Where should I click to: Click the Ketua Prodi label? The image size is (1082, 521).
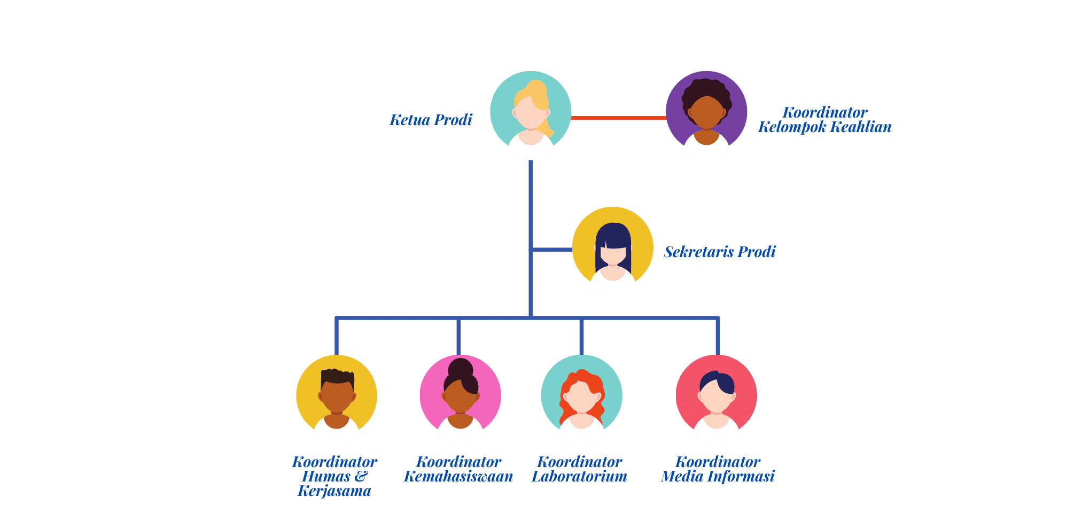431,120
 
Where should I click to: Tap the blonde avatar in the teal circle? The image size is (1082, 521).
531,115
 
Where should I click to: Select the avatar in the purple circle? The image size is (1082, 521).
706,115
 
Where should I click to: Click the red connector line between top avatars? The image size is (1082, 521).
618,118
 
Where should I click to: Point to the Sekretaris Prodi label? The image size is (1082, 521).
719,252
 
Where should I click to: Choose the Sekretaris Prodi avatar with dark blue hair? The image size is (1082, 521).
612,251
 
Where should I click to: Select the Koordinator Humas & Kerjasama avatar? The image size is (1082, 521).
337,398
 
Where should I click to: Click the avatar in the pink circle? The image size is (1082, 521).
460,398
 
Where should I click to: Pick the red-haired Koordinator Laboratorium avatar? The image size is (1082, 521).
581,398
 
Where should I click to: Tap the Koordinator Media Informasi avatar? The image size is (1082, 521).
716,398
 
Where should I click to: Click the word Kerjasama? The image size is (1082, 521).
334,491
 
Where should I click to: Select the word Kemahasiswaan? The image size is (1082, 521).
458,476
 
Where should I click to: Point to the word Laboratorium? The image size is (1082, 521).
579,476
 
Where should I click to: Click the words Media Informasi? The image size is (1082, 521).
718,476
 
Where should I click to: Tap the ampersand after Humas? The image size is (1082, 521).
361,476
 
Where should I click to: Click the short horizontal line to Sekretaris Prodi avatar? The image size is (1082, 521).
552,250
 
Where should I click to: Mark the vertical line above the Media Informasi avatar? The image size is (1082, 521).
717,337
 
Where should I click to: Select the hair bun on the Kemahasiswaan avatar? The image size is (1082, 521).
460,368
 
